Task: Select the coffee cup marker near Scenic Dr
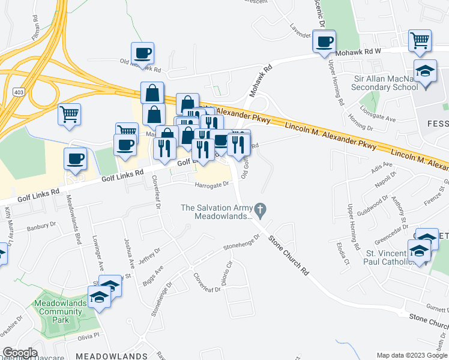pyautogui.click(x=324, y=42)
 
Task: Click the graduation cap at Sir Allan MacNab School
pyautogui.click(x=425, y=72)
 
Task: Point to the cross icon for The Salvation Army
pyautogui.click(x=259, y=209)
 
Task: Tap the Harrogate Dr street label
pyautogui.click(x=212, y=185)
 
